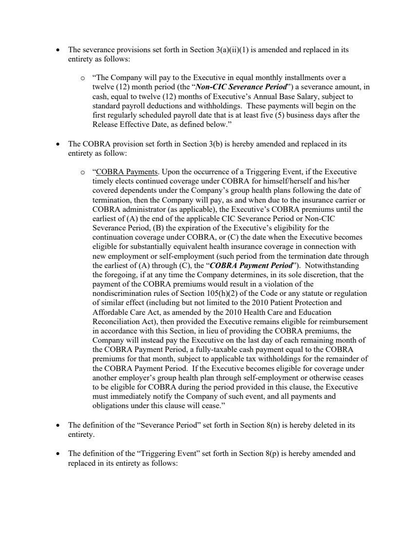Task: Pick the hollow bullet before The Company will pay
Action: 83,78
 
